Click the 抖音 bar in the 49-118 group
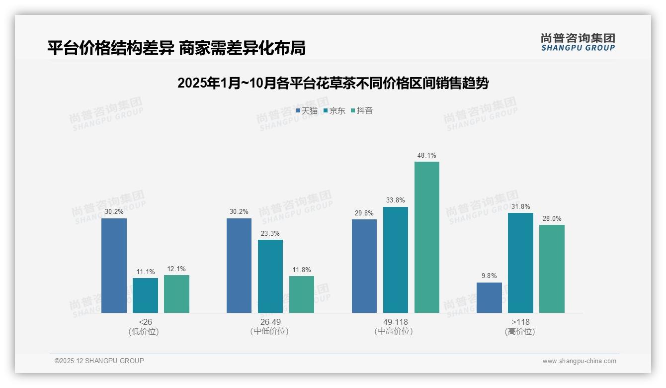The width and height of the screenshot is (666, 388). (427, 237)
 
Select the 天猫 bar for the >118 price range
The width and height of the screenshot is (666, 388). (489, 298)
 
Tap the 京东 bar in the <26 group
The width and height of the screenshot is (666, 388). (145, 295)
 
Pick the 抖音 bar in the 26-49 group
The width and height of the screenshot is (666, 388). (302, 294)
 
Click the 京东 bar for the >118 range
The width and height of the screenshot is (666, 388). (520, 263)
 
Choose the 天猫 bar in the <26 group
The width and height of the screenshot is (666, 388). (114, 266)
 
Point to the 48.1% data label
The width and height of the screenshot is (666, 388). (427, 156)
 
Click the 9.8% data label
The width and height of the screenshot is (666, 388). (489, 276)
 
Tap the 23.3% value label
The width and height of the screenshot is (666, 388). (270, 233)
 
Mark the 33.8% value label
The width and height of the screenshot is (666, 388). (396, 200)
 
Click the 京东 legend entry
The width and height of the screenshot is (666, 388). (334, 111)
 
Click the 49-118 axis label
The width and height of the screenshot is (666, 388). (396, 322)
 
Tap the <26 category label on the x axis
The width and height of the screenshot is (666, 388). (145, 322)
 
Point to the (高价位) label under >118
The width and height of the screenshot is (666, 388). (520, 332)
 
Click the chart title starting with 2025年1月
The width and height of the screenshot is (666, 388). (333, 83)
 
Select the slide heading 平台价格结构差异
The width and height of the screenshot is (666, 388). (176, 48)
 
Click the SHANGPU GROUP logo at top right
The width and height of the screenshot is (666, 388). (578, 42)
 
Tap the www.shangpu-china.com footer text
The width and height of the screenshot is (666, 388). (579, 361)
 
